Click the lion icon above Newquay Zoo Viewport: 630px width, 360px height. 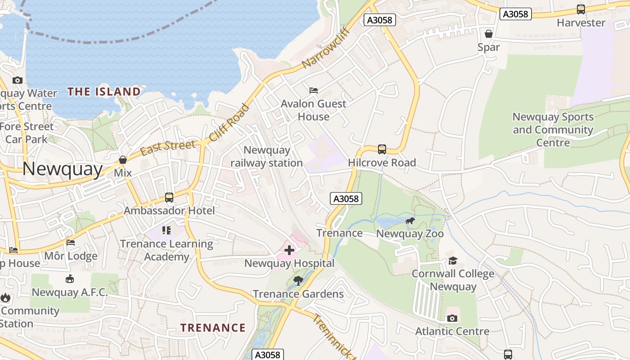click(409, 220)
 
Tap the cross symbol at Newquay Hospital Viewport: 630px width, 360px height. click(289, 250)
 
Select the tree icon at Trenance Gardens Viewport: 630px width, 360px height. click(297, 281)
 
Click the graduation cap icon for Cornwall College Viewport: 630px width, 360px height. click(453, 261)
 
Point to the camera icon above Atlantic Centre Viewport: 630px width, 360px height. click(452, 318)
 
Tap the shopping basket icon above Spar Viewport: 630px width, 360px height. click(489, 34)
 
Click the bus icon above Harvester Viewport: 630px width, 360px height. click(581, 9)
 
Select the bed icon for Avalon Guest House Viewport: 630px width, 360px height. click(314, 90)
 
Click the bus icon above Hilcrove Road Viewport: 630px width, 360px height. click(382, 149)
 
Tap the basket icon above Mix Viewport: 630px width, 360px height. click(122, 160)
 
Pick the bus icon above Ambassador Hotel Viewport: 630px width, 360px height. click(169, 197)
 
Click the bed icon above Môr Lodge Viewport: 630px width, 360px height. click(71, 243)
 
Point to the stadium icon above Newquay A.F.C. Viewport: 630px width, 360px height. click(70, 279)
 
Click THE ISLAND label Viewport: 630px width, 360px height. click(104, 92)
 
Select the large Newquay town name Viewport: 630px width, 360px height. click(63, 169)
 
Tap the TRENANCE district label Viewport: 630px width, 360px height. click(213, 328)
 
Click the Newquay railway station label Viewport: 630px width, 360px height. click(266, 156)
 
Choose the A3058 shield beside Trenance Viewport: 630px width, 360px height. click(346, 198)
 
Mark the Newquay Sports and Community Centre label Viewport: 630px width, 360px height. click(553, 130)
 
